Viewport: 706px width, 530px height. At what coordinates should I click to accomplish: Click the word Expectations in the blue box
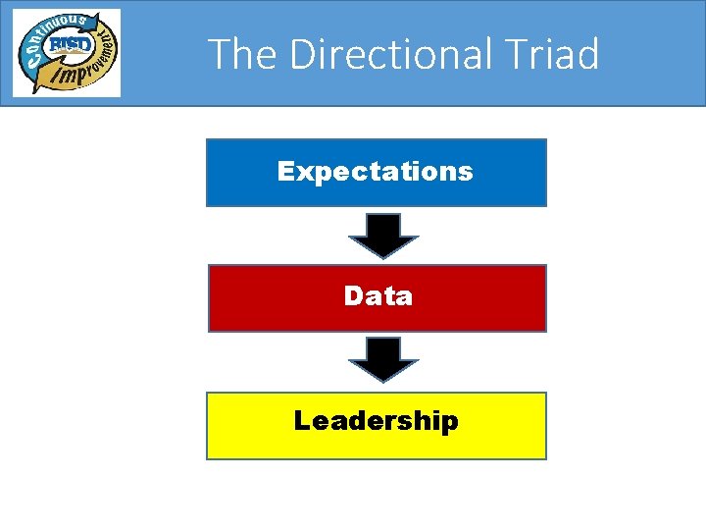point(376,172)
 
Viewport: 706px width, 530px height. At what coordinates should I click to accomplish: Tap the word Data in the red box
point(378,295)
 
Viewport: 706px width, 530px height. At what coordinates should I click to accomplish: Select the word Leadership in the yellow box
point(376,421)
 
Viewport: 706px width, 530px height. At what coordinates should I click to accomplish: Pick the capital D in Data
point(353,295)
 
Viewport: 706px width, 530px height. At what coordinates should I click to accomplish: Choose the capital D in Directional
point(303,54)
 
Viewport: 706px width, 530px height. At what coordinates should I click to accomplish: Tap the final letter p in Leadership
point(449,424)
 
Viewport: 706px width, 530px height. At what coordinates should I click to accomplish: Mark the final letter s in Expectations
point(466,173)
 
